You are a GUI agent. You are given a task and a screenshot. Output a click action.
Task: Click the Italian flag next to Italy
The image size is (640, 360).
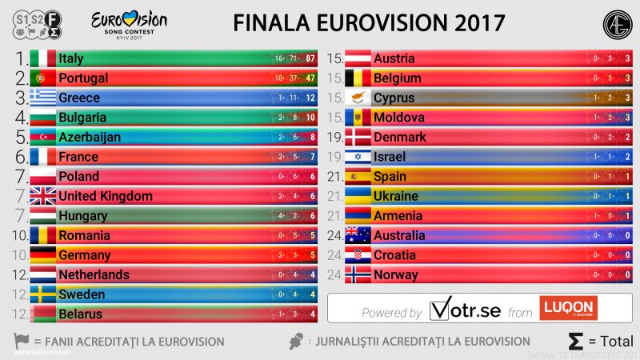coord(42,58)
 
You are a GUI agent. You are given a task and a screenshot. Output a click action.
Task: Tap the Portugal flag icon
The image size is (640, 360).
coord(42,78)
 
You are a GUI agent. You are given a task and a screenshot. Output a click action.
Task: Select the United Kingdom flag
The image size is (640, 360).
coord(42,196)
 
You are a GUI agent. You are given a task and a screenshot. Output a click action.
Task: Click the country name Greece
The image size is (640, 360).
coord(79,98)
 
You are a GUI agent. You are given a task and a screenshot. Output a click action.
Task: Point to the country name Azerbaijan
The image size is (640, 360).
coord(90,137)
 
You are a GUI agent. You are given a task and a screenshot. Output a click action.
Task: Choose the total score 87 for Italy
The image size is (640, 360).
coord(310,58)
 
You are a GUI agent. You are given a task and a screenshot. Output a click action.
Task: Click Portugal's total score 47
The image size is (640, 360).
coord(310,78)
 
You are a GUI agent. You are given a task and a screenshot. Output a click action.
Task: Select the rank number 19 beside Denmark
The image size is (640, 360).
coord(335,137)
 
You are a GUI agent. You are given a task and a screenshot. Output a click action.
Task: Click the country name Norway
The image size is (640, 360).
coord(396,274)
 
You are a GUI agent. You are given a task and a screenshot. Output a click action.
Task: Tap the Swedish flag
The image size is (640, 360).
coord(42,294)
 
